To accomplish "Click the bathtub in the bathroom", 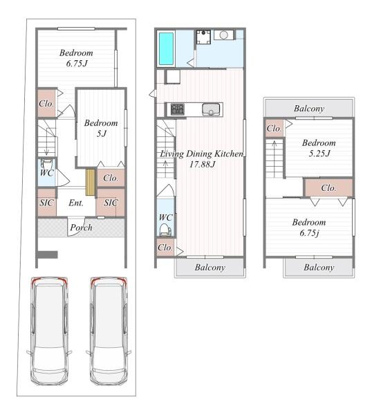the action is (166, 48).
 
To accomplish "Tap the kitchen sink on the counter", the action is (211, 109).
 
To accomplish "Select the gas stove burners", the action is (177, 109).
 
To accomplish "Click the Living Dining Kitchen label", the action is (202, 154).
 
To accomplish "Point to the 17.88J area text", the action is (203, 165).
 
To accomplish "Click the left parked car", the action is (49, 331).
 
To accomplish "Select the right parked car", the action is (109, 331).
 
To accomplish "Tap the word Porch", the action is (81, 228).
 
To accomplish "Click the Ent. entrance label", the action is (76, 203).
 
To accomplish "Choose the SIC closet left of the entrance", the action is (47, 203).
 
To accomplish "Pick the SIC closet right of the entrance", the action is (111, 203).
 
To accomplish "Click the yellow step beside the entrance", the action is (90, 183).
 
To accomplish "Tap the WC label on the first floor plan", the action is (47, 173).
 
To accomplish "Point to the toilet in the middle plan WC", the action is (165, 230).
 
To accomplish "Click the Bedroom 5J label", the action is (101, 128).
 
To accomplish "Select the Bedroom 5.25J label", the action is (319, 148).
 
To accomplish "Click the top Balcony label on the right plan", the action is (309, 109).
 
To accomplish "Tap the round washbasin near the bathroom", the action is (224, 35).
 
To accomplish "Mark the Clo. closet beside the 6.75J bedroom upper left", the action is (47, 104).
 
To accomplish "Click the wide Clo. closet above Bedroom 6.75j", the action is (329, 188).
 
